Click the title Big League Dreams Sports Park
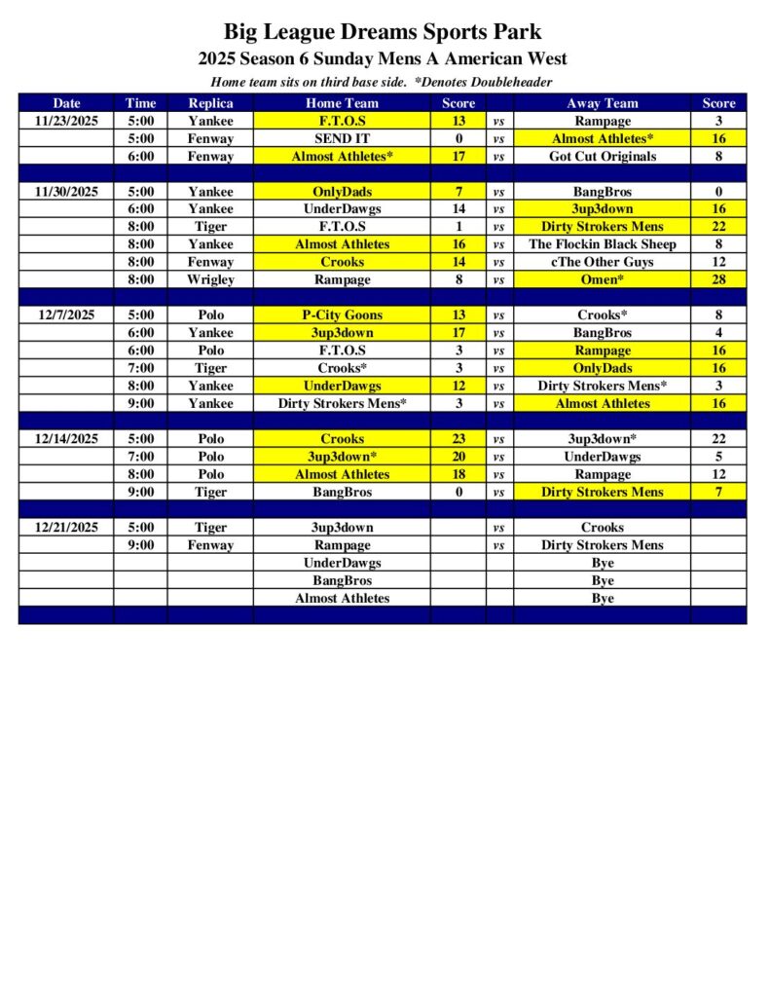tap(383, 33)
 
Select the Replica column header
tap(210, 103)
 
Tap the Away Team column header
tap(602, 103)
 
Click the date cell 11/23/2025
tap(66, 121)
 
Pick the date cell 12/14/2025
tap(66, 439)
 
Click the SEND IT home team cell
tap(342, 138)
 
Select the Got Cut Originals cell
tap(602, 156)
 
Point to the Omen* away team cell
tap(602, 279)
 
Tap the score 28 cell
tap(718, 279)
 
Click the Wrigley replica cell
tap(210, 279)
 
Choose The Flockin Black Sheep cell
tap(602, 244)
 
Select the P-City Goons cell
tap(342, 315)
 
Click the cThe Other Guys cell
tap(602, 262)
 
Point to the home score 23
tap(458, 439)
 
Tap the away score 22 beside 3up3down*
tap(718, 439)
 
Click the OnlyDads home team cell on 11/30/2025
tap(342, 192)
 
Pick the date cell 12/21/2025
tap(66, 528)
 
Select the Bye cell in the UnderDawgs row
tap(602, 563)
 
